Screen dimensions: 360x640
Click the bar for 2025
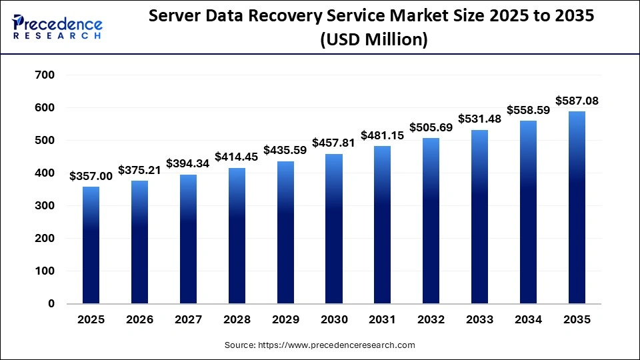point(91,245)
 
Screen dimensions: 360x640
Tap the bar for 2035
point(577,207)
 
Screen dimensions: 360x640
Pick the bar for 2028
point(237,236)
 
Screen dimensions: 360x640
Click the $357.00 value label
point(91,176)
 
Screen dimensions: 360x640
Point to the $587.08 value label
point(577,101)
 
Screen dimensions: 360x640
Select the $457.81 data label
point(334,143)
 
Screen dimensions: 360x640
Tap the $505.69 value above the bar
point(431,127)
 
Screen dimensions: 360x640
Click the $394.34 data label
point(189,164)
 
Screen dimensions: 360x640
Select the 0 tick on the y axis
point(51,304)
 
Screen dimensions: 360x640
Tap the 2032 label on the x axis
point(431,320)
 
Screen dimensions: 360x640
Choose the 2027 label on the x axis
point(189,320)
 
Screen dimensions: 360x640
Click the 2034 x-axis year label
point(529,320)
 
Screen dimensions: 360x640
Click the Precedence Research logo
point(57,26)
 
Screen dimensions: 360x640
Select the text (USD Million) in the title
point(373,40)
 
